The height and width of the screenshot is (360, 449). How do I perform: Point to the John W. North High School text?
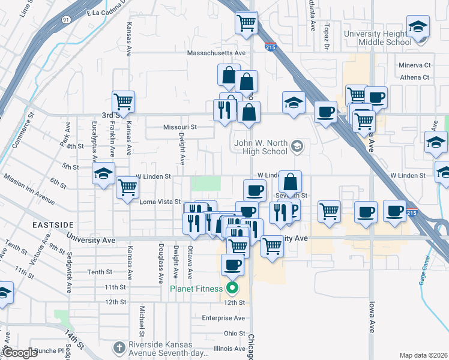click(x=261, y=147)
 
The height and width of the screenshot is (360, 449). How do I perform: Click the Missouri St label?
click(x=180, y=127)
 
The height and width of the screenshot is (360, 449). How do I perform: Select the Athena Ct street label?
click(x=414, y=77)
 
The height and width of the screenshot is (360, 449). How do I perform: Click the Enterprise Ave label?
click(x=223, y=318)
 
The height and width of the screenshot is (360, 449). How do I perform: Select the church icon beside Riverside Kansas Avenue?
click(x=120, y=347)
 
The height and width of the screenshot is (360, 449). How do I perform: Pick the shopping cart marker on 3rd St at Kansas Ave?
click(x=123, y=101)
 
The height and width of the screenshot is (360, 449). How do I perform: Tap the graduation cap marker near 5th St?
click(x=104, y=174)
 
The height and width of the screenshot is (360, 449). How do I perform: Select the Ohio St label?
click(x=234, y=333)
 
